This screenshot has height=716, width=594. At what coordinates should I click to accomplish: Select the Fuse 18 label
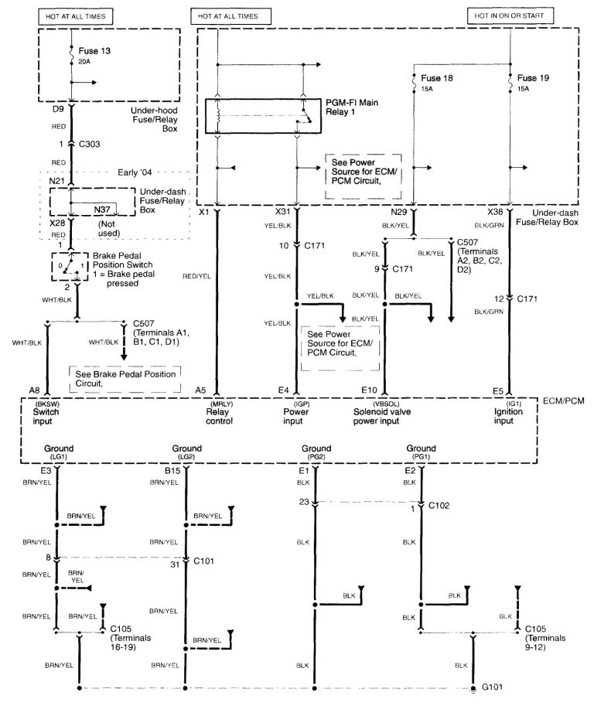point(439,79)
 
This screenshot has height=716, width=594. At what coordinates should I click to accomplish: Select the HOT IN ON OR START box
point(510,15)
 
